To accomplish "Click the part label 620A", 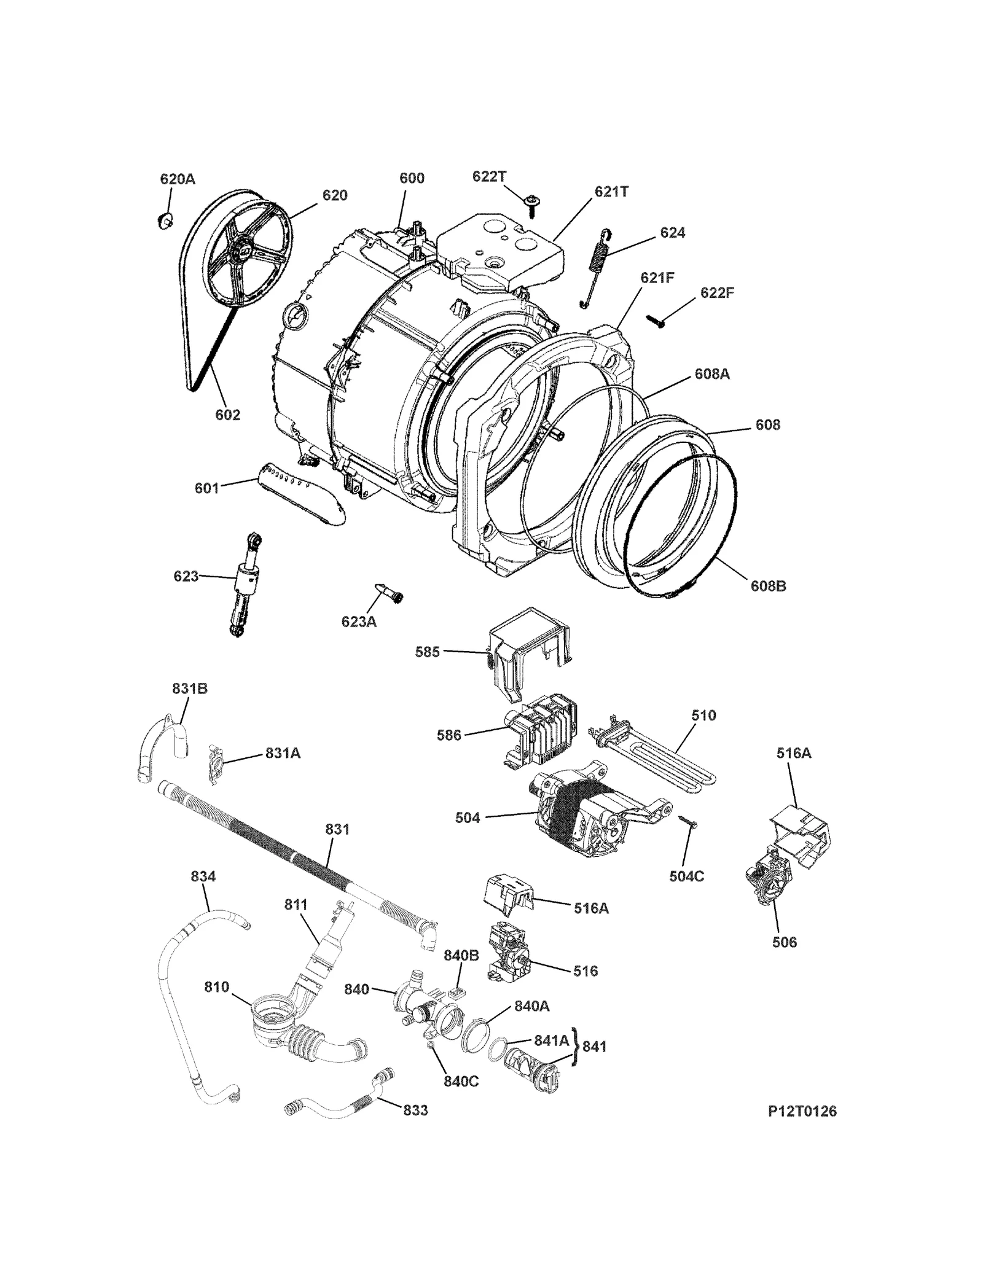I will tap(177, 179).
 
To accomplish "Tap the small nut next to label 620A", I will tap(165, 219).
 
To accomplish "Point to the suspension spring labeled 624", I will tap(596, 265).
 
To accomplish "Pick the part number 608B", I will tap(768, 586).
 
